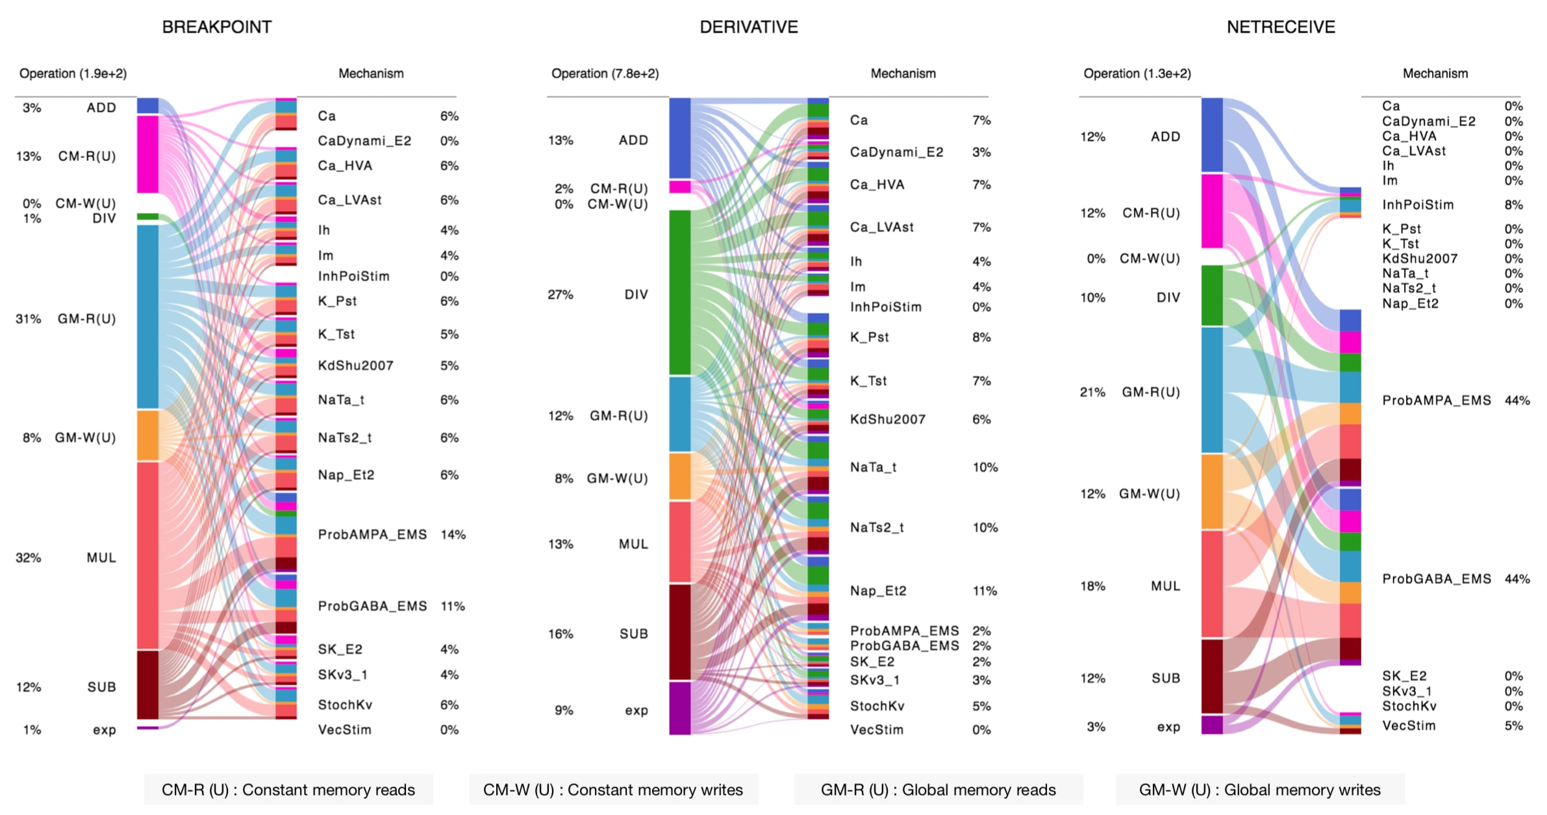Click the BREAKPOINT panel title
(x=216, y=27)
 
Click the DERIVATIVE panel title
(x=748, y=27)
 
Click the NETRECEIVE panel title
(x=1280, y=27)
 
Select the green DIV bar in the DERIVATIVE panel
(x=679, y=292)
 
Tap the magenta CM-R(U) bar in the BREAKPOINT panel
(x=147, y=155)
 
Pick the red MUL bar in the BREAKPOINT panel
(x=147, y=555)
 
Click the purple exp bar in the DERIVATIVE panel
(x=679, y=708)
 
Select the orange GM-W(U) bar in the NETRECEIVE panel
(x=1212, y=492)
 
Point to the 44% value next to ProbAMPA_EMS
(x=1516, y=401)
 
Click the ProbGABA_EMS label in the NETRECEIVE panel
(x=1436, y=579)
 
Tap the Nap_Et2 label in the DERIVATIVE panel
(x=877, y=591)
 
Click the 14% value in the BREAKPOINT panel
(x=453, y=534)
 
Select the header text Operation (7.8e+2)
(x=605, y=73)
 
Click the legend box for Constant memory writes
(x=613, y=790)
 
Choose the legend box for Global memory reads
(x=938, y=790)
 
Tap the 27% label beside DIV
(x=560, y=295)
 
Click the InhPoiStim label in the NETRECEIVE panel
(x=1417, y=205)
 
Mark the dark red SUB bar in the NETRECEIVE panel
(x=1212, y=677)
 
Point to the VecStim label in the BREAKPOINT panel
(x=344, y=730)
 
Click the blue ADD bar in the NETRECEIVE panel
(x=1212, y=135)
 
